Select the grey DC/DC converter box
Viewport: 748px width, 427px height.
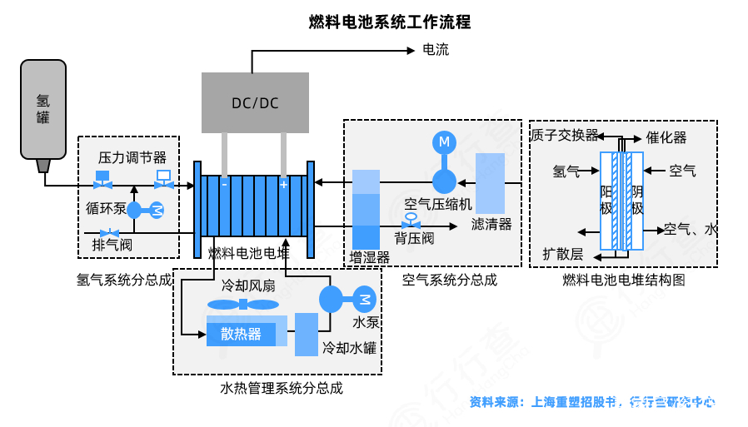click(255, 102)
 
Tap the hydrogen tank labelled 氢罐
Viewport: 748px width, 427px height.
click(43, 108)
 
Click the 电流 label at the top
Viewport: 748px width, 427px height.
click(436, 50)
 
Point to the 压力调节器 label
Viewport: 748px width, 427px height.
click(132, 157)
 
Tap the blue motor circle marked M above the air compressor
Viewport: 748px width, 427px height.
click(444, 142)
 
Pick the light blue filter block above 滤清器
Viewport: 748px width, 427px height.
click(490, 182)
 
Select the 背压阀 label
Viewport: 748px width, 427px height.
click(414, 239)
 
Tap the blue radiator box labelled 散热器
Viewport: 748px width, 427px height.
click(241, 334)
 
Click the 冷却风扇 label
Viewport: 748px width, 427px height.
click(247, 285)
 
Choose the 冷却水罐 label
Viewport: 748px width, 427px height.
click(349, 348)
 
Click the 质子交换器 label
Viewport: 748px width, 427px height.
click(564, 135)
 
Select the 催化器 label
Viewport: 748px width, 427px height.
click(666, 137)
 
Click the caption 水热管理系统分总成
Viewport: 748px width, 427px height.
click(282, 387)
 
